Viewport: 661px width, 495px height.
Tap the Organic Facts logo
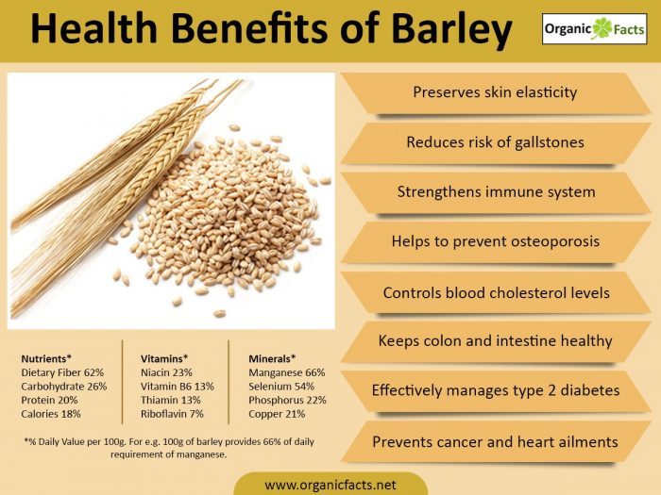click(592, 31)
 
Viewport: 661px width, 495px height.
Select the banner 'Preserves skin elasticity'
click(495, 92)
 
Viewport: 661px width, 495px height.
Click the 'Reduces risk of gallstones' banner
click(495, 142)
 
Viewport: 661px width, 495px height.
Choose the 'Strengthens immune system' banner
click(495, 192)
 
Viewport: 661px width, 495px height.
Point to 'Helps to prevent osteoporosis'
click(495, 242)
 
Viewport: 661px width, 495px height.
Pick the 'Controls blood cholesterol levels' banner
click(495, 292)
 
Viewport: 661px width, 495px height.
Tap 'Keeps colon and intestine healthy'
click(495, 341)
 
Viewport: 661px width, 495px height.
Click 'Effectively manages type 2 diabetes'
click(495, 389)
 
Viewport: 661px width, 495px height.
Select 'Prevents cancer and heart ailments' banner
click(495, 441)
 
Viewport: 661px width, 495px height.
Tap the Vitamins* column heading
click(164, 359)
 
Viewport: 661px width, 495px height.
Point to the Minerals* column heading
click(272, 359)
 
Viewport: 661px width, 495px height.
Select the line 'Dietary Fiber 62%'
click(61, 372)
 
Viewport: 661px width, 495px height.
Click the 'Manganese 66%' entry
click(286, 372)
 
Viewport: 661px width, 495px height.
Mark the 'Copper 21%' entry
click(276, 413)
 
